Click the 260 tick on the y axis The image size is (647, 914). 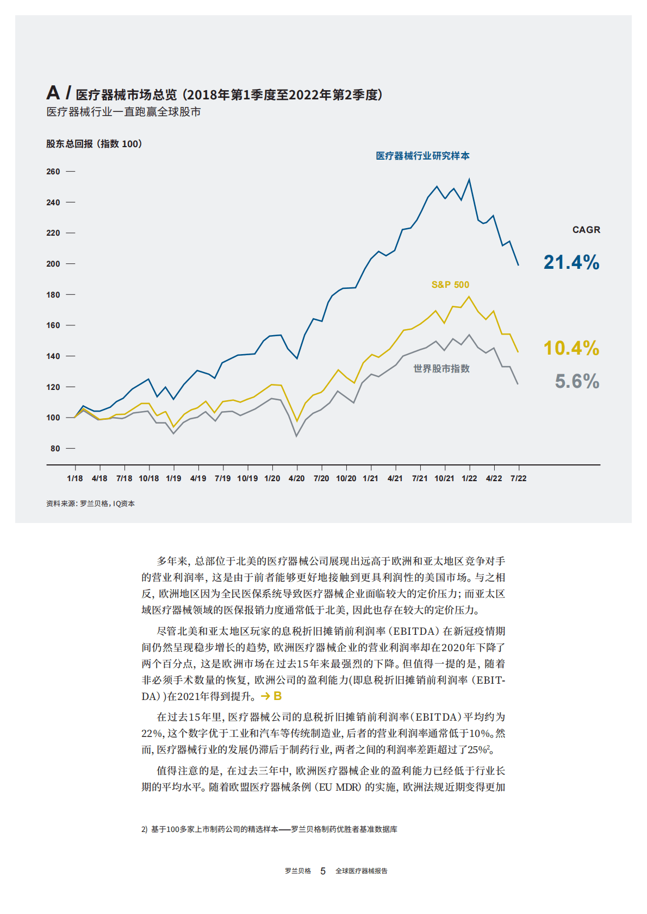coord(53,172)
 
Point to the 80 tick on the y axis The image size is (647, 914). coord(55,449)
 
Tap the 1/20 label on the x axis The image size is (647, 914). coord(272,478)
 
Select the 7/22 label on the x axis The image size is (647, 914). coord(518,478)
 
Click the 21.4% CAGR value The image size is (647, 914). coord(571,262)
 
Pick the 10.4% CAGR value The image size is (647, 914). coord(571,348)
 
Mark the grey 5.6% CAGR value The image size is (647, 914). coord(577,381)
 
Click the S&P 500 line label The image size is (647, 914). coord(450,285)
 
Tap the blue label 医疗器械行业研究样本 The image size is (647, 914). coord(422,156)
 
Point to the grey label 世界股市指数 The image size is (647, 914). coord(441,369)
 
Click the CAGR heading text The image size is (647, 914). coord(586,230)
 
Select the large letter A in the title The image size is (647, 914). coord(53,93)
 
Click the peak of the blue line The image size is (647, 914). coord(469,180)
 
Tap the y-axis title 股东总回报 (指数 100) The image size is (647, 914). coord(94,144)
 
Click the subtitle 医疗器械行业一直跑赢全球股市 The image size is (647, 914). coord(123,112)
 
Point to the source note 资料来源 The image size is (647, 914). coord(90,503)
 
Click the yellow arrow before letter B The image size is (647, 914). coord(265,696)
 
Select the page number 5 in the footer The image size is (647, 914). coord(323,871)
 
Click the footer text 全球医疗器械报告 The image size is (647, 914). coord(361,871)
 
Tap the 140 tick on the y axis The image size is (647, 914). coord(53,356)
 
